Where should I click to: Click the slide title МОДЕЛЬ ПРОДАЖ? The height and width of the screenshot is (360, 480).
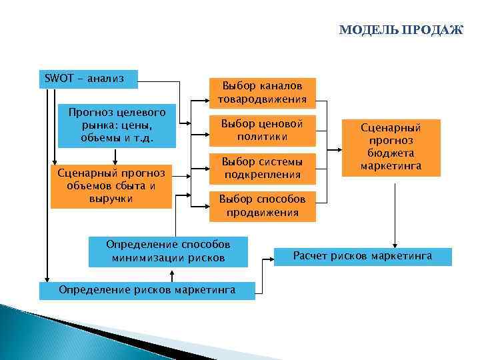click(x=400, y=30)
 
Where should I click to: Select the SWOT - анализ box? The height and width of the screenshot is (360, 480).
click(x=89, y=79)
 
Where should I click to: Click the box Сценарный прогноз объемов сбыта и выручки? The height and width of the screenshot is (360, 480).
click(x=111, y=186)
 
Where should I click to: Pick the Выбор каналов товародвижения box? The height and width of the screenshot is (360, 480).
click(x=262, y=93)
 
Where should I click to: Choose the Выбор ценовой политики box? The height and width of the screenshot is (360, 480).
click(x=262, y=131)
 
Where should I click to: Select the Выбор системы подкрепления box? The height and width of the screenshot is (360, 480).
click(x=262, y=168)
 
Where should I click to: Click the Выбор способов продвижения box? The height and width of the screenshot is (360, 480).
click(x=262, y=206)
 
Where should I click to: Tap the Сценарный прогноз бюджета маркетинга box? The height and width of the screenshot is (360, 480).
click(x=391, y=147)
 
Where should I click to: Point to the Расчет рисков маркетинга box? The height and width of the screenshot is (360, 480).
click(x=363, y=256)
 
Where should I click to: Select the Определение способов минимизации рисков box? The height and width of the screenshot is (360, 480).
click(x=168, y=251)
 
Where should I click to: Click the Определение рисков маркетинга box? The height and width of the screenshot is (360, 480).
click(x=147, y=290)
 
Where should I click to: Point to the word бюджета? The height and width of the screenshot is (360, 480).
click(x=391, y=153)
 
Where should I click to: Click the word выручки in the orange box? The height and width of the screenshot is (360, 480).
click(x=111, y=199)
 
